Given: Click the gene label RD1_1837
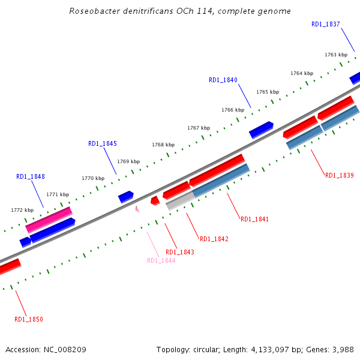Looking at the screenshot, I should pos(326,25).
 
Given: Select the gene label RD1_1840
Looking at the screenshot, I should pos(223,80).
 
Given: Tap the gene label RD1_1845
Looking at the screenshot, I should pos(103,144).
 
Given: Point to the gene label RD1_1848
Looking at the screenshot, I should pos(31,177).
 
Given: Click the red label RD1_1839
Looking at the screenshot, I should pos(340,175).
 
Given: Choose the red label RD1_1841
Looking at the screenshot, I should pos(255,220).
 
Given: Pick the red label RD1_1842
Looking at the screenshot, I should pos(214,239).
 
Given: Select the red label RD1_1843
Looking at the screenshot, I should pos(180,252).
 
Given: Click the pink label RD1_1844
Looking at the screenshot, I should pos(161,260).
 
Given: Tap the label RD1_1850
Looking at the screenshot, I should pos(29,319).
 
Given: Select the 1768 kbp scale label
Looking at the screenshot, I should pos(163,145).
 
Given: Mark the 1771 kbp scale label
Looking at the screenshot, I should pos(58,194).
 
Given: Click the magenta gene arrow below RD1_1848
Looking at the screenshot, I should pos(49,220).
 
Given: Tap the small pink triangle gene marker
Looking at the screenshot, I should pos(137,209).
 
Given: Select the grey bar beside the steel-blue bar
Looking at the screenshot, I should pos(179,200).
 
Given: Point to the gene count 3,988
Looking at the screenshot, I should pos(343,349).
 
